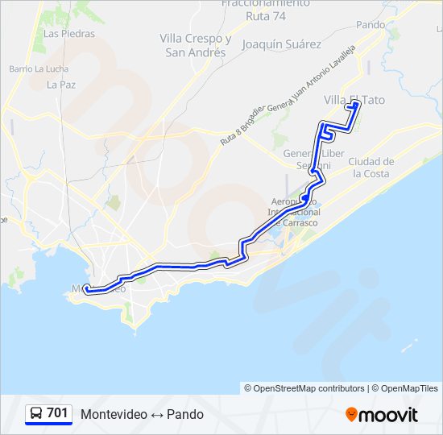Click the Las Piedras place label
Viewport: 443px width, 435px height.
pos(69,34)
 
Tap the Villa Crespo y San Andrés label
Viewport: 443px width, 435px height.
pos(196,45)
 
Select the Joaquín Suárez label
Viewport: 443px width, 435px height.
pos(282,44)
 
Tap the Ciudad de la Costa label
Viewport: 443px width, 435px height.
pos(371,167)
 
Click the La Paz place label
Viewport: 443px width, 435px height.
pos(61,84)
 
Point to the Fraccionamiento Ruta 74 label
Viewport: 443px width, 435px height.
pos(265,10)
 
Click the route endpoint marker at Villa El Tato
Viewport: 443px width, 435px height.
pos(355,104)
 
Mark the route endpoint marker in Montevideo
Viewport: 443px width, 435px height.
pos(86,289)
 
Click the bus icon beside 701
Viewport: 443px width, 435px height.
pos(37,414)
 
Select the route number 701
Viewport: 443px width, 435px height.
pos(57,413)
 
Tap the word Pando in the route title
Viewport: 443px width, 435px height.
pos(185,414)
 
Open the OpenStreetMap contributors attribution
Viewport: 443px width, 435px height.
pos(309,388)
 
